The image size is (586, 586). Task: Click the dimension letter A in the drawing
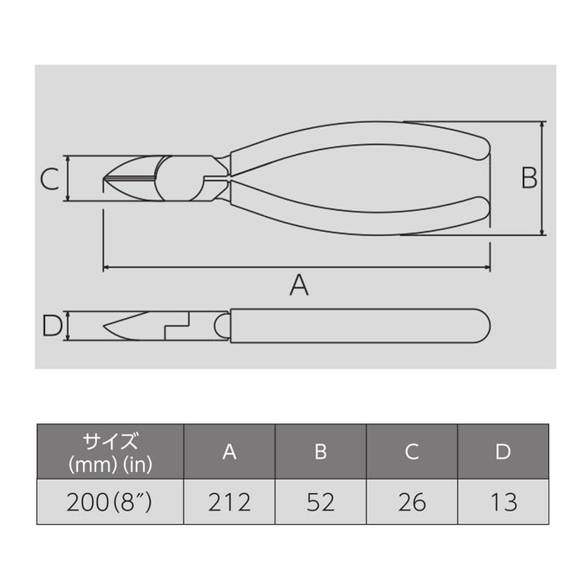tap(299, 286)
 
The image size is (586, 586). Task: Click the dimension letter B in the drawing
tap(529, 178)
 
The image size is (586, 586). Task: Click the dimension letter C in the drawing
tap(49, 178)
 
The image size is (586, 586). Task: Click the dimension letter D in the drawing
tap(51, 325)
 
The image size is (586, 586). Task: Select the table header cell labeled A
tap(229, 452)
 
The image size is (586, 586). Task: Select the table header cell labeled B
tap(321, 452)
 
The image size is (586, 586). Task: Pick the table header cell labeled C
tap(411, 452)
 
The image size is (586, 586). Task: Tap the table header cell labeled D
tap(502, 452)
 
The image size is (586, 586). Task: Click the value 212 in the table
tap(229, 502)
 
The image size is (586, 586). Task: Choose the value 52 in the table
tap(321, 502)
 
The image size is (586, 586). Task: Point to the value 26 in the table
tap(411, 502)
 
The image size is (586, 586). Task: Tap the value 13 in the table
tap(502, 502)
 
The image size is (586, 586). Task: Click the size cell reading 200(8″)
tap(110, 502)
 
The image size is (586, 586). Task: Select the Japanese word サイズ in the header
tap(110, 440)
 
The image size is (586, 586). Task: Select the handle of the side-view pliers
tap(360, 325)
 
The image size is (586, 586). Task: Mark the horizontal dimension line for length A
tap(209, 268)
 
